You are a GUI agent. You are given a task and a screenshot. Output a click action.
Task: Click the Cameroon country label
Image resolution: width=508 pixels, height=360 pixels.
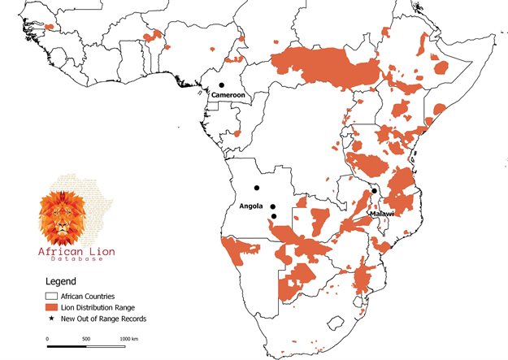click(228, 96)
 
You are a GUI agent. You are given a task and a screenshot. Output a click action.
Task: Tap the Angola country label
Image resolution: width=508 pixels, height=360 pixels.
click(250, 206)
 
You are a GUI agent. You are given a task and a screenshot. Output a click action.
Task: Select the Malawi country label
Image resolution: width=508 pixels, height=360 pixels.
click(381, 214)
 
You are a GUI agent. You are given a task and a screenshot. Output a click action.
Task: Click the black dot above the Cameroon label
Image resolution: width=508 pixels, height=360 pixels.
click(221, 85)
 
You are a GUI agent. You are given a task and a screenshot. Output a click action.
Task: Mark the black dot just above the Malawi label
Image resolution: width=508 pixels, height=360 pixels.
click(375, 192)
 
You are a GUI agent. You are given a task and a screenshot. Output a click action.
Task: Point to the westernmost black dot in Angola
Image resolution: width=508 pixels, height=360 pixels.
click(256, 188)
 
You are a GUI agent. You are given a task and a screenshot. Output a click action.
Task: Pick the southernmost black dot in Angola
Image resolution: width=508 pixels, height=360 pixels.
click(274, 216)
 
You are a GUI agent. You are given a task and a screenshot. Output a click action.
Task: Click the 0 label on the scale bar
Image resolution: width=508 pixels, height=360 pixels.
click(48, 337)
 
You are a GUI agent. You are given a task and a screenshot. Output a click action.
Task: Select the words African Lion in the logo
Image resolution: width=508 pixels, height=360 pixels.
click(76, 252)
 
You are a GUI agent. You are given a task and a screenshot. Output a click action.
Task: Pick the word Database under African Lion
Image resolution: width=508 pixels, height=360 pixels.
click(78, 260)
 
